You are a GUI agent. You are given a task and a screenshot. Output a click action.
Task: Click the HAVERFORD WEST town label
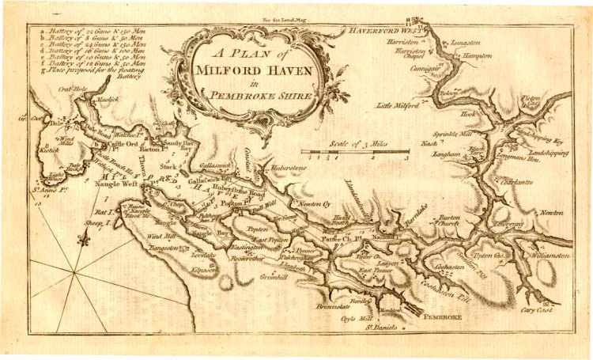coord(381,30)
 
